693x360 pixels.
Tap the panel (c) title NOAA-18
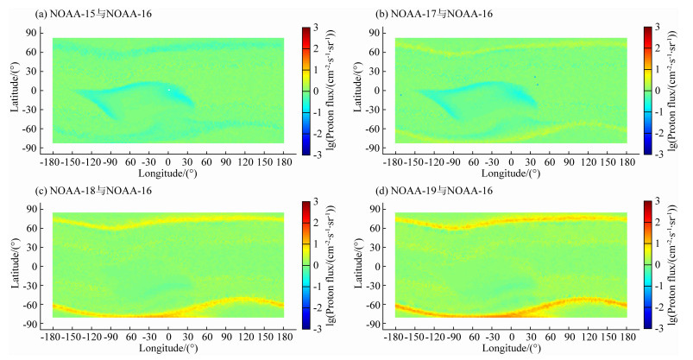82,191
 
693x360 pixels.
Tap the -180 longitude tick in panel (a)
54,162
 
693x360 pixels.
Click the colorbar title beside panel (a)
334,91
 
